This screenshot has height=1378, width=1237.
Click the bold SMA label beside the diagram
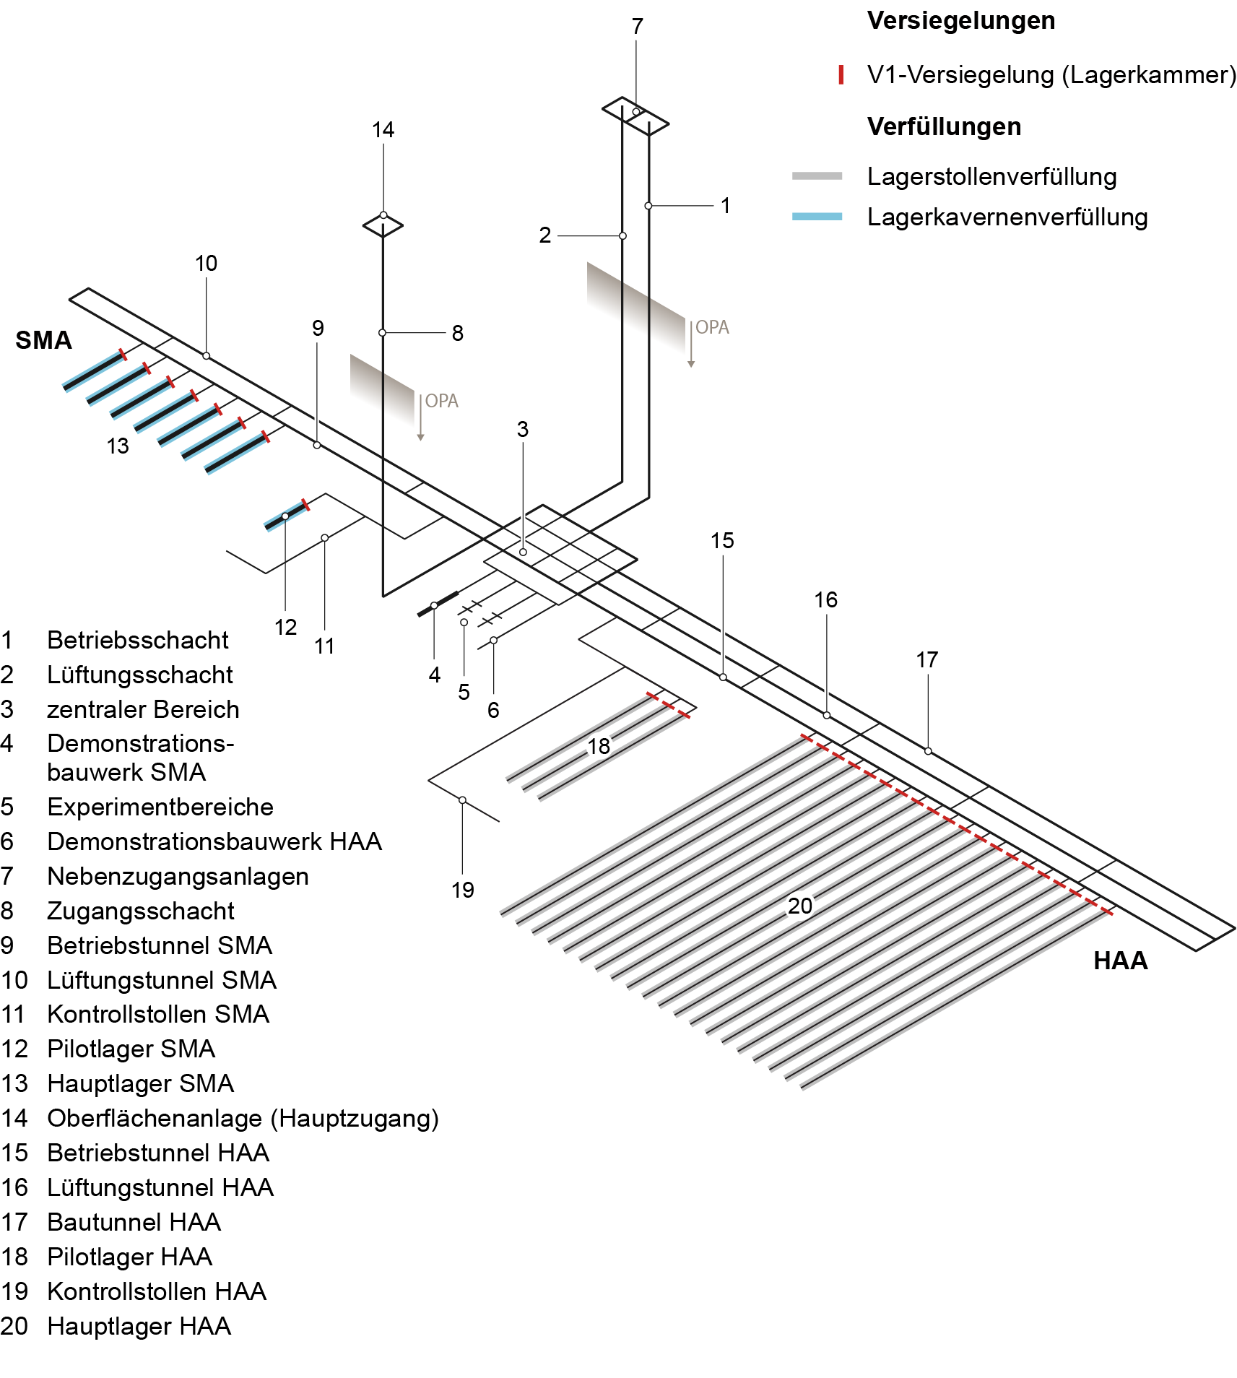coord(43,340)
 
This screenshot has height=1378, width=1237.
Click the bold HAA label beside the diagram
coord(1120,961)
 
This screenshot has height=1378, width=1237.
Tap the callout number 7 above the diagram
coord(637,27)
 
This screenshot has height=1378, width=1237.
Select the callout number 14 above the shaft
coord(383,130)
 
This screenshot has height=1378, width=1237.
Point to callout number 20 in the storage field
coord(799,906)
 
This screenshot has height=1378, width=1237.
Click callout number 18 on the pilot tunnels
coord(599,746)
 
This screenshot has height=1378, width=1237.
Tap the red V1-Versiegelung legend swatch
coord(841,74)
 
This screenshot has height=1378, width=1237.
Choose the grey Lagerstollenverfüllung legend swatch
coord(817,175)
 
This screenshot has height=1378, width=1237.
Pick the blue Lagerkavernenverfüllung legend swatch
coord(817,217)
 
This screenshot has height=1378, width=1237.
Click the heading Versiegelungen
coord(960,21)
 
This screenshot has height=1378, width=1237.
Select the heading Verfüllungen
coord(944,127)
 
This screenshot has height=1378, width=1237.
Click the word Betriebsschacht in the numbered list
coord(137,640)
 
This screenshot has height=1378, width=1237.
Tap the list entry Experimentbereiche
coord(160,807)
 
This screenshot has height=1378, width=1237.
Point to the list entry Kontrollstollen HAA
coord(156,1291)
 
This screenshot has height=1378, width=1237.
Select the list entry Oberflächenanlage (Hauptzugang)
coord(243,1118)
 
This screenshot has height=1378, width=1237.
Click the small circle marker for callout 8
coord(383,333)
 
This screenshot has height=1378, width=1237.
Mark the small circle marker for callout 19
coord(462,800)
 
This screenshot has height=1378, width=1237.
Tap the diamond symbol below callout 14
coord(383,225)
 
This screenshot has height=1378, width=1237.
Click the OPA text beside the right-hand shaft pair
coord(712,327)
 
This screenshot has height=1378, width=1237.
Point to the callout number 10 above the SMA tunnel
coord(206,264)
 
